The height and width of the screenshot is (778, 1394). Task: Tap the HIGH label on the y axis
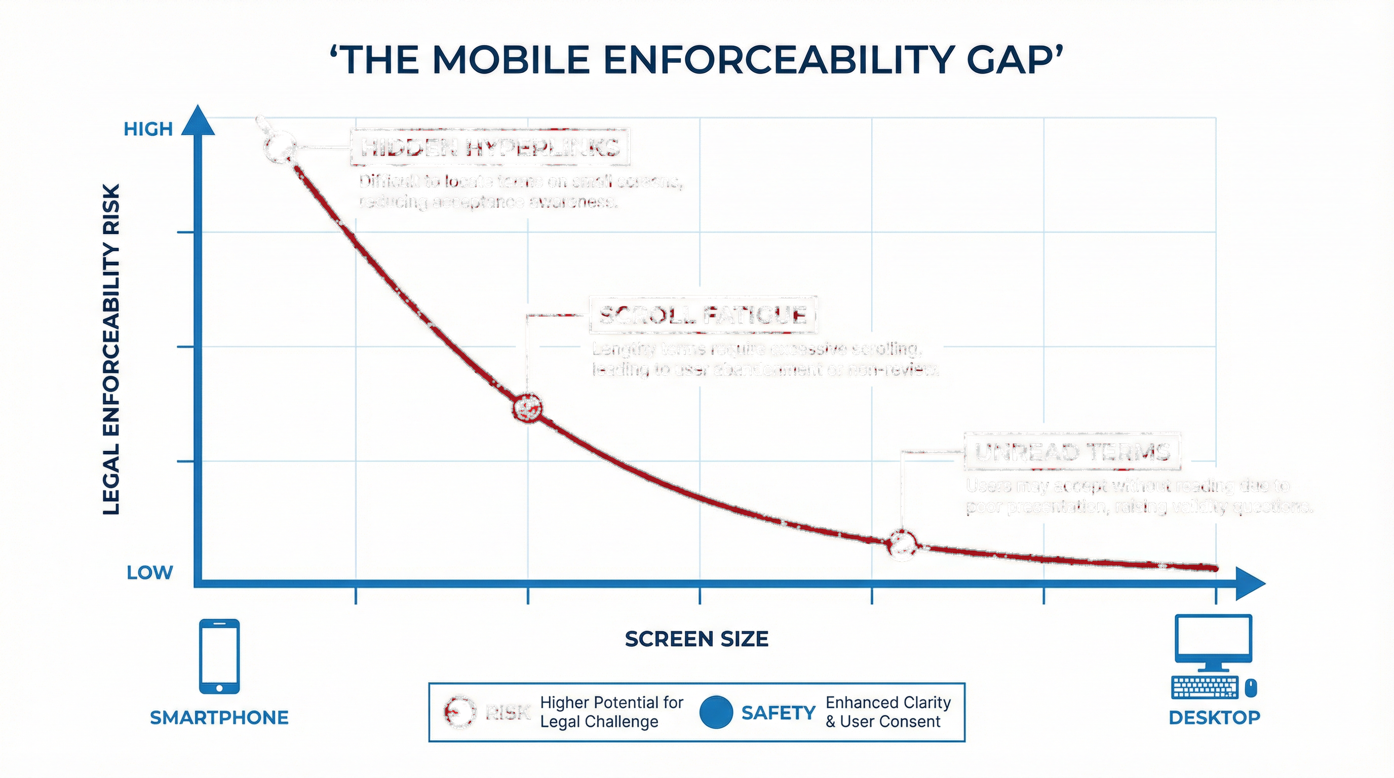(148, 129)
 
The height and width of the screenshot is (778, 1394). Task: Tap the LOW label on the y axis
(149, 572)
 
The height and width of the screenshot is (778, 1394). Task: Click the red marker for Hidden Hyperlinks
(280, 146)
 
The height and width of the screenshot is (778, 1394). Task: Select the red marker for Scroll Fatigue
(527, 407)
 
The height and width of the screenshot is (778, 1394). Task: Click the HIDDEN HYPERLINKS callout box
(490, 147)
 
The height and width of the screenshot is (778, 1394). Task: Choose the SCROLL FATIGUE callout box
(703, 315)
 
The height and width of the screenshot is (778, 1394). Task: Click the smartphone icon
(219, 656)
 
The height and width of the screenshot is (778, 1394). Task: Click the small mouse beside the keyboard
(1251, 688)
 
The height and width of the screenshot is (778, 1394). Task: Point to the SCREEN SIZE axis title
(696, 639)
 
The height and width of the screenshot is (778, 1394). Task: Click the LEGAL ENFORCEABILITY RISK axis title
(111, 349)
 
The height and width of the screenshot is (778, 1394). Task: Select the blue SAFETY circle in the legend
(716, 712)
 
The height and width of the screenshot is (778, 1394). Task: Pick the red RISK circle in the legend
(459, 712)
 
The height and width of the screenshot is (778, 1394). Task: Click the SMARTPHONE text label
(219, 717)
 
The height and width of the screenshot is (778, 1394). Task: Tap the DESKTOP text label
(1214, 717)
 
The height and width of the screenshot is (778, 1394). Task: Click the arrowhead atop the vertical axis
(198, 120)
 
